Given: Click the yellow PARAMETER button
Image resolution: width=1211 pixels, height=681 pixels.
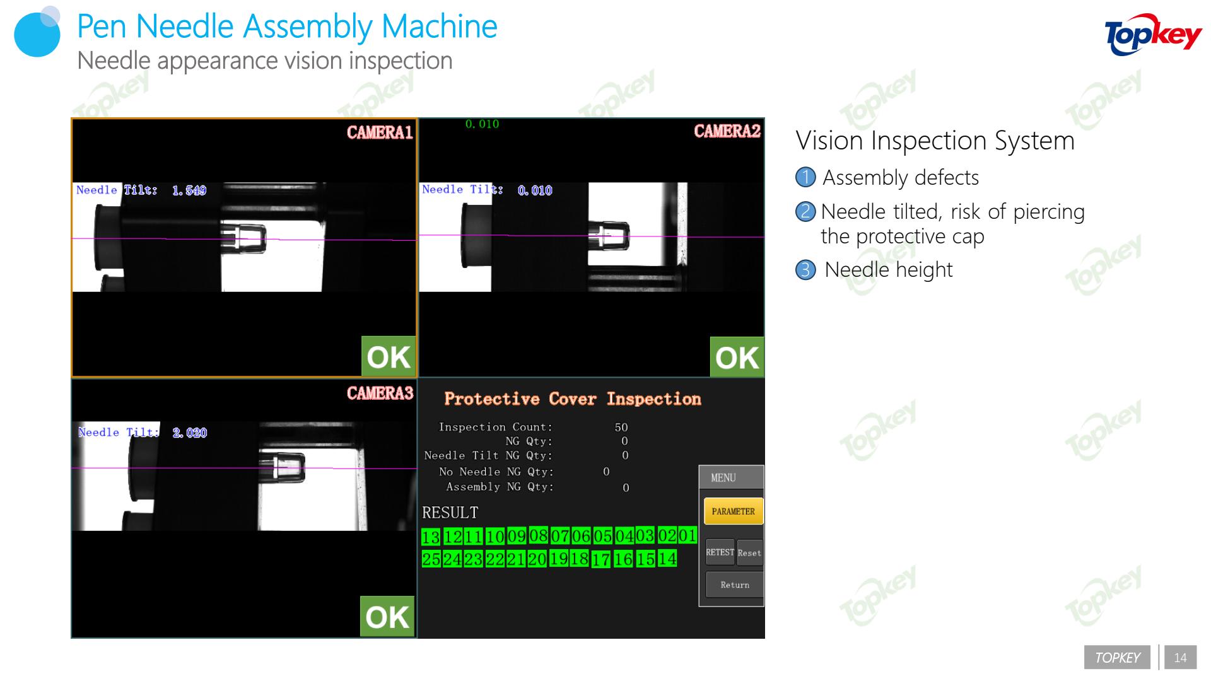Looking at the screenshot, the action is click(733, 511).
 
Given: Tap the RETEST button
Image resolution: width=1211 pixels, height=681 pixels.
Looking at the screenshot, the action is click(720, 553).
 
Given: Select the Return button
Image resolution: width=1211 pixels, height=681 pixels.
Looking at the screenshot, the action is click(735, 585).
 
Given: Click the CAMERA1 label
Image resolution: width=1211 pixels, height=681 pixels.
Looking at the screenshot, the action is click(380, 132).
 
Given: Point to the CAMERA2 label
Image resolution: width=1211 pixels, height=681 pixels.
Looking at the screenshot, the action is click(727, 131).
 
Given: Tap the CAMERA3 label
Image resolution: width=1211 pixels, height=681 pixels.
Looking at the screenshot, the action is click(380, 393).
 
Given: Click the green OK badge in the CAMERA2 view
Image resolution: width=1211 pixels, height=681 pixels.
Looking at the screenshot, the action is click(737, 357).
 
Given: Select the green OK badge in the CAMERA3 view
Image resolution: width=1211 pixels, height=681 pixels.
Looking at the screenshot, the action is click(387, 616).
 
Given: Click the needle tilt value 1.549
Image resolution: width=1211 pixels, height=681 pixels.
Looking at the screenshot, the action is click(189, 190).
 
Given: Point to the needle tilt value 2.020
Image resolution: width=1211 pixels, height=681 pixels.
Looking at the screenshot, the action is click(190, 433).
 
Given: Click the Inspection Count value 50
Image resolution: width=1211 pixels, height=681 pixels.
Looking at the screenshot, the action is click(621, 428).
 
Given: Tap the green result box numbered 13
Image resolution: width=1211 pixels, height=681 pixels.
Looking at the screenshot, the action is click(431, 537).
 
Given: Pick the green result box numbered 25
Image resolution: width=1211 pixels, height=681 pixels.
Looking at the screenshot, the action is click(431, 559).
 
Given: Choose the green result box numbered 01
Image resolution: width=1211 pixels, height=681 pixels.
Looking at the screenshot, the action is click(687, 535).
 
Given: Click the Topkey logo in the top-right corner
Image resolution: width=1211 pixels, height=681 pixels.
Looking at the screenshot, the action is click(1154, 35).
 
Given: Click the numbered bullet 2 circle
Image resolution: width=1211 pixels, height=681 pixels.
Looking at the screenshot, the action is click(805, 211).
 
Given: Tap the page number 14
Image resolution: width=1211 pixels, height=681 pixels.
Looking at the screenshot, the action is click(1180, 658).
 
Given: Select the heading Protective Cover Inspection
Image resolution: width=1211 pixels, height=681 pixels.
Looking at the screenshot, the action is click(573, 399).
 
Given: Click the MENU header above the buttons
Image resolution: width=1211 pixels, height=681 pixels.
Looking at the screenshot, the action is click(723, 478).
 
